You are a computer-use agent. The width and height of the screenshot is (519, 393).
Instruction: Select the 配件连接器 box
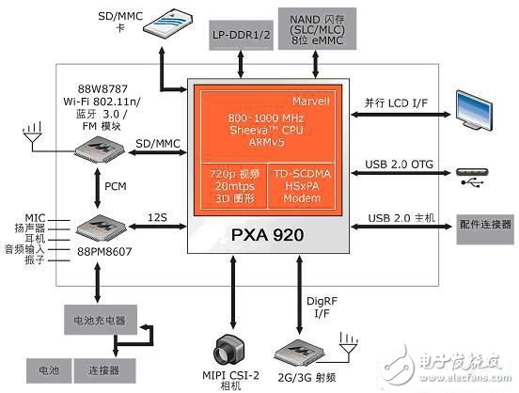coord(485,225)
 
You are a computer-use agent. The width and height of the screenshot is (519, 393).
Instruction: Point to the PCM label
coord(118,187)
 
